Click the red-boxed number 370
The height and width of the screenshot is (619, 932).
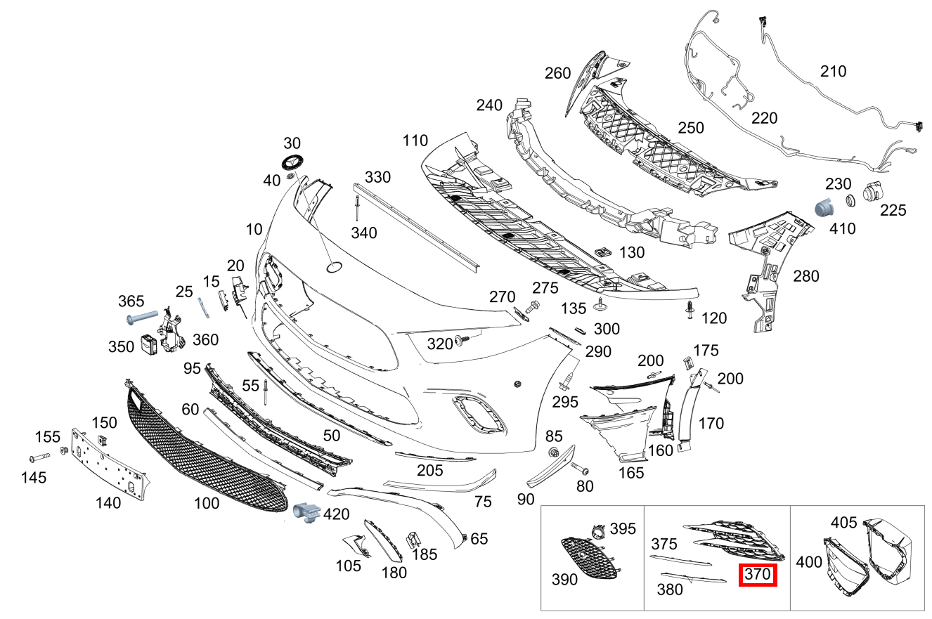pyautogui.click(x=758, y=575)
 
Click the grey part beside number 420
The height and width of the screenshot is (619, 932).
pyautogui.click(x=306, y=513)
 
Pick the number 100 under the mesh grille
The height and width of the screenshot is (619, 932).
pyautogui.click(x=207, y=503)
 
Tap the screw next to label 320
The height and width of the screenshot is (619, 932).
pyautogui.click(x=462, y=341)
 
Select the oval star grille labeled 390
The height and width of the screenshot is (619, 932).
pyautogui.click(x=588, y=558)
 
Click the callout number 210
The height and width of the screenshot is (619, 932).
pyautogui.click(x=833, y=71)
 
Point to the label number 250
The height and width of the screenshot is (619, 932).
pyautogui.click(x=690, y=128)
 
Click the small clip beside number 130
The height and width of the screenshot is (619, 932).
pyautogui.click(x=601, y=251)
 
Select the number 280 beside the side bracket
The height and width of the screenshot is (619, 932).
pyautogui.click(x=805, y=276)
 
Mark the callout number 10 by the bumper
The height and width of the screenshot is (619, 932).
pyautogui.click(x=254, y=229)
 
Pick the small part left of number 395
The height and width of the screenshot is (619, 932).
pyautogui.click(x=597, y=531)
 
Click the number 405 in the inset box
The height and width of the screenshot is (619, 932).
pyautogui.click(x=843, y=522)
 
